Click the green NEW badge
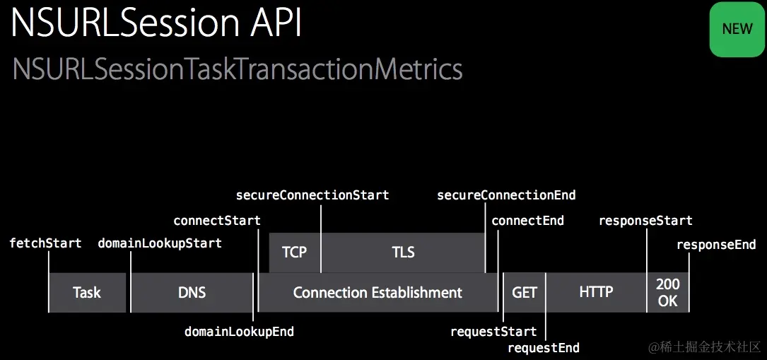(x=737, y=28)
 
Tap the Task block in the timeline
(x=87, y=293)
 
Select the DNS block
(x=192, y=293)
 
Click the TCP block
(x=295, y=252)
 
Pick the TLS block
(x=403, y=252)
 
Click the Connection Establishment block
(x=377, y=293)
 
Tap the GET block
(x=525, y=293)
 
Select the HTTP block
(x=596, y=293)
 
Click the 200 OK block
(x=668, y=293)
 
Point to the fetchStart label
(x=45, y=243)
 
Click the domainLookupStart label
(x=160, y=243)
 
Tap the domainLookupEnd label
(x=239, y=332)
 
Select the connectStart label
(x=217, y=221)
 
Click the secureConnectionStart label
(x=312, y=195)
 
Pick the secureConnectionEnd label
(x=507, y=195)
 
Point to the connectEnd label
(x=528, y=221)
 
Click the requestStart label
(x=493, y=332)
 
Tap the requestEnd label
(x=544, y=348)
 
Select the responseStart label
(x=645, y=221)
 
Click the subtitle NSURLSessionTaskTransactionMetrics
(x=238, y=70)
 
